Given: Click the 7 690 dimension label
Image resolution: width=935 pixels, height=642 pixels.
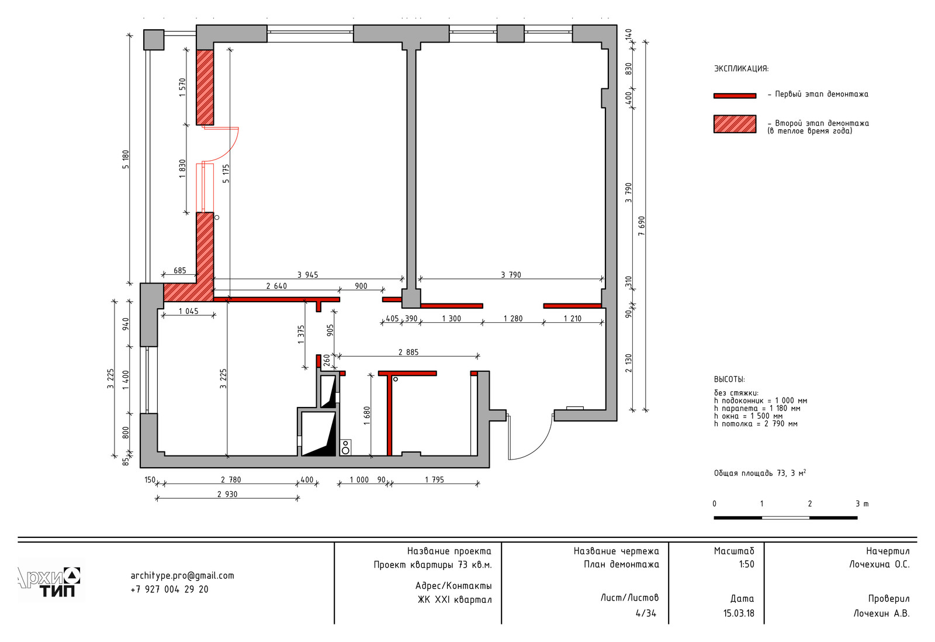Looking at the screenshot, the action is pos(642,226).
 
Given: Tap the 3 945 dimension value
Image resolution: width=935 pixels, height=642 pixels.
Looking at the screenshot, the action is pos(307,275).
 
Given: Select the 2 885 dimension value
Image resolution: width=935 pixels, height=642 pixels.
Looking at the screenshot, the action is pos(408,352).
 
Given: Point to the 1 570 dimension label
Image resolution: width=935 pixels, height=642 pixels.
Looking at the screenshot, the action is pos(182,87).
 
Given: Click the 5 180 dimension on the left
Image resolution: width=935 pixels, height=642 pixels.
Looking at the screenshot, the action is pos(126,159).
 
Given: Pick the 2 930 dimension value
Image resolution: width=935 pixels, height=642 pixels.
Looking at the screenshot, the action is pos(227,494).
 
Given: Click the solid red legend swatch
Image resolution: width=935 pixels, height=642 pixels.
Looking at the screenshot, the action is pos(735,96).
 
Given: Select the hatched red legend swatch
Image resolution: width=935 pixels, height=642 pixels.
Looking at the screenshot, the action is pos(735,124).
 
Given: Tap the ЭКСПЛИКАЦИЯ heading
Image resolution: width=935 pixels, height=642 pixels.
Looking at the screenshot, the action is pos(742,68).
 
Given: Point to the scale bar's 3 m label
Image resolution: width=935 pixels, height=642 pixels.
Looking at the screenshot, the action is pos(862,504).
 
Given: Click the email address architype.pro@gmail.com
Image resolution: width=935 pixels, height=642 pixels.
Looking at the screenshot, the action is pos(182,575).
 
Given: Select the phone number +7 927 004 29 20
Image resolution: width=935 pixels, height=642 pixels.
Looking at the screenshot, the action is pos(169,589).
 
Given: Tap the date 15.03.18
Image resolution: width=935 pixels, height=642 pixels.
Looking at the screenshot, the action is pos(739,613).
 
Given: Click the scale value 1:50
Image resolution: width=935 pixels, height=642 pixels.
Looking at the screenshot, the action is pos(747,564).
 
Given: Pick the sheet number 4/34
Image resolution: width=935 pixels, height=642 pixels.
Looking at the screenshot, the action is pos(646,613).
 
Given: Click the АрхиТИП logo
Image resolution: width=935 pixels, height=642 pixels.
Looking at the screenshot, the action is pos(49,581).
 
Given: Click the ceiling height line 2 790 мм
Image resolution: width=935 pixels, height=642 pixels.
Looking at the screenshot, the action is pos(756,423).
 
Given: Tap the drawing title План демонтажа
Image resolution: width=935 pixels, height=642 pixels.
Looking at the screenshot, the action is pos(622,564).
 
